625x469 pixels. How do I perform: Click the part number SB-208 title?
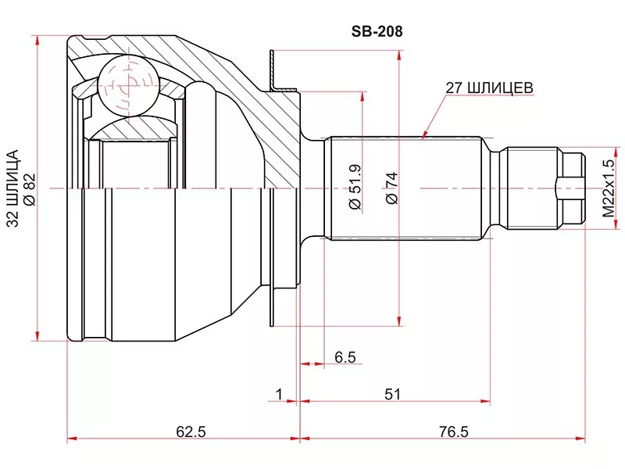click(377, 31)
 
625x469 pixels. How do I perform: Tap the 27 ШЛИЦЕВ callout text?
click(489, 88)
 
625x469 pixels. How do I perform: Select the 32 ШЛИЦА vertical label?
click(13, 188)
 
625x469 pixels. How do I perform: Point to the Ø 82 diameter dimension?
click(30, 189)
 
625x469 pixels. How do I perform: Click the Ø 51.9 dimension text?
click(355, 187)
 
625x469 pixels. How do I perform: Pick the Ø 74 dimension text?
click(392, 188)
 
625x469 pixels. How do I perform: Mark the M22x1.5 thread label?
click(609, 188)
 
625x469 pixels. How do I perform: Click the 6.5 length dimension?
click(345, 357)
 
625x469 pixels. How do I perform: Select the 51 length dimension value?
click(392, 394)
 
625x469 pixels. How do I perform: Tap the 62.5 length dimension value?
click(191, 431)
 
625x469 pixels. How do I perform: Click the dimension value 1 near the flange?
click(279, 394)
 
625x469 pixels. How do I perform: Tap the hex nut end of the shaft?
click(572, 188)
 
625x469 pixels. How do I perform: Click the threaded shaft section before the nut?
click(532, 188)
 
